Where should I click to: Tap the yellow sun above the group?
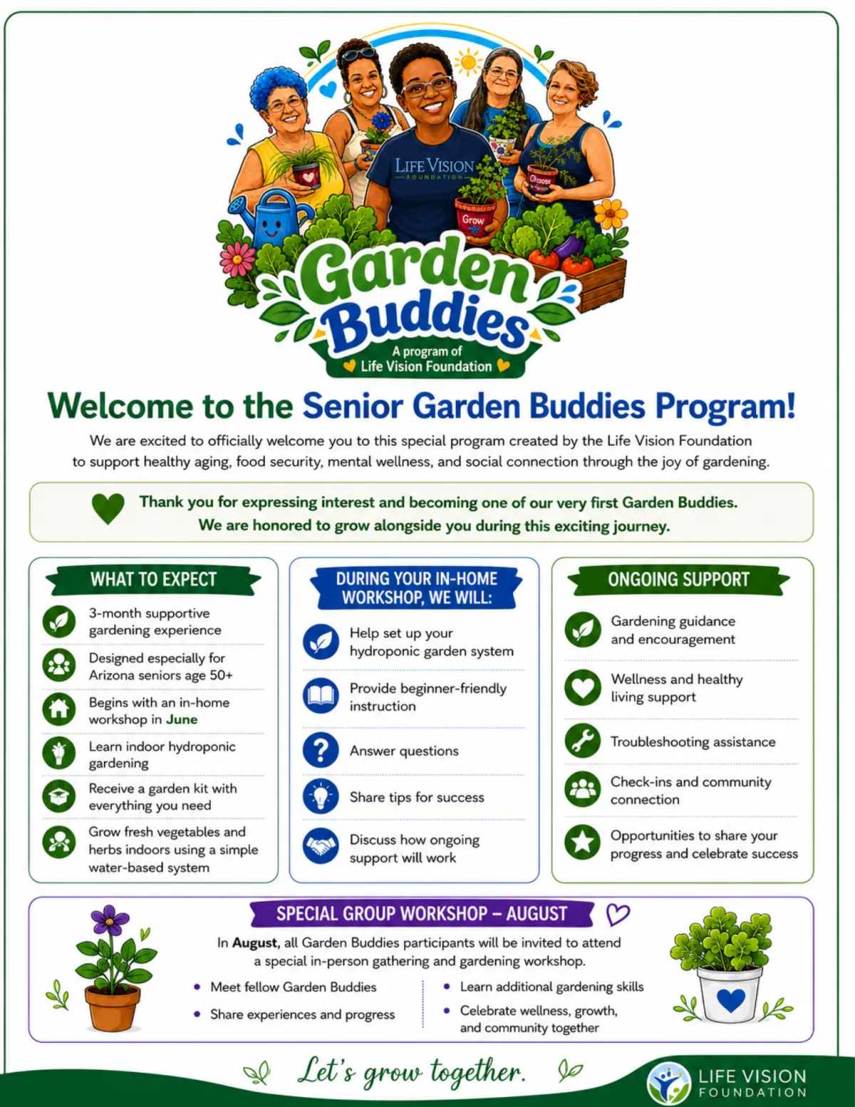pyautogui.click(x=468, y=63)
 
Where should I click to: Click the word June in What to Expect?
pyautogui.click(x=182, y=719)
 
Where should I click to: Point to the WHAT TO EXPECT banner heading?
pyautogui.click(x=153, y=580)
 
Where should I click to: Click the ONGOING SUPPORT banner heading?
pyautogui.click(x=678, y=580)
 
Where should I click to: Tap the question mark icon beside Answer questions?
pyautogui.click(x=321, y=750)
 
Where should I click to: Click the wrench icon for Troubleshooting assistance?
pyautogui.click(x=583, y=741)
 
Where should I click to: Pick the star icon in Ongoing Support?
pyautogui.click(x=583, y=842)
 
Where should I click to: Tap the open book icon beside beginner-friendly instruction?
pyautogui.click(x=321, y=696)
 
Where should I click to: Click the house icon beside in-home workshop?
pyautogui.click(x=59, y=709)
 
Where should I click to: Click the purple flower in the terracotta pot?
pyautogui.click(x=109, y=920)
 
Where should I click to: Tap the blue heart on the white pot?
pyautogui.click(x=730, y=1000)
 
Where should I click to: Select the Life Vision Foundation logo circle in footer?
pyautogui.click(x=668, y=1083)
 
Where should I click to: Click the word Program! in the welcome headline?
pyautogui.click(x=725, y=406)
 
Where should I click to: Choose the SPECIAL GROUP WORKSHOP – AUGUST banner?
pyautogui.click(x=422, y=914)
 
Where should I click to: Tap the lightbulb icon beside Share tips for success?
pyautogui.click(x=321, y=796)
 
